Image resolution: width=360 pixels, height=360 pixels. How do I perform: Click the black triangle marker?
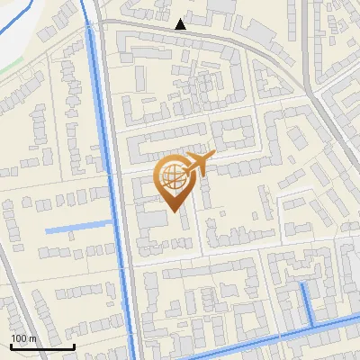(x=181, y=24)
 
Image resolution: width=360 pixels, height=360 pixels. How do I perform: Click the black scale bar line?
(x=42, y=346)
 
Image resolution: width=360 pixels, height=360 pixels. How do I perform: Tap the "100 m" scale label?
(x=23, y=338)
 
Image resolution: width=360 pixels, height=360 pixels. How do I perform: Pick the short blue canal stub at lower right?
(x=307, y=301)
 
